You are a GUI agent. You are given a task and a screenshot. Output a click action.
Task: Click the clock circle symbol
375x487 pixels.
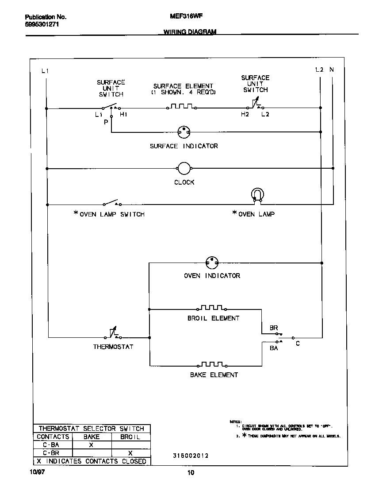[184, 168]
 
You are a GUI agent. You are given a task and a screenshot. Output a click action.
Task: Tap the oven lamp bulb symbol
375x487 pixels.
[257, 195]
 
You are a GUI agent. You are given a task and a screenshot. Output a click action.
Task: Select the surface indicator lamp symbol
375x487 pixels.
[184, 131]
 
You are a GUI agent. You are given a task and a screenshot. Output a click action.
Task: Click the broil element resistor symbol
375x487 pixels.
[212, 308]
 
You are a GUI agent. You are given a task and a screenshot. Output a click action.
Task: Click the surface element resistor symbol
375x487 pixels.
[182, 107]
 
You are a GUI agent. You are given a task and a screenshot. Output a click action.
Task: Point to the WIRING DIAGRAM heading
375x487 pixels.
[190, 32]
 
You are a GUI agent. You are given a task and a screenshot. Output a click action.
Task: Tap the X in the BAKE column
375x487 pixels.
[91, 445]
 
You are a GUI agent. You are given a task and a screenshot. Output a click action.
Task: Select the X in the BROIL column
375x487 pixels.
[130, 453]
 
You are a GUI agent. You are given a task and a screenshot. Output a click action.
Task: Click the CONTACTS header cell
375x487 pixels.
[53, 437]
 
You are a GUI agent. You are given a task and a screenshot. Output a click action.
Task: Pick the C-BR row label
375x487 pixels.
[51, 453]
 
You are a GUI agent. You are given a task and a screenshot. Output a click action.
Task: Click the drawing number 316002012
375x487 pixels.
[191, 456]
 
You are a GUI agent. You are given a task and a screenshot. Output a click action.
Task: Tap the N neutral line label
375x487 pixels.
[332, 70]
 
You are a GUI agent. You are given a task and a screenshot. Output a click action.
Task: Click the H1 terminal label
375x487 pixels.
[124, 115]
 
